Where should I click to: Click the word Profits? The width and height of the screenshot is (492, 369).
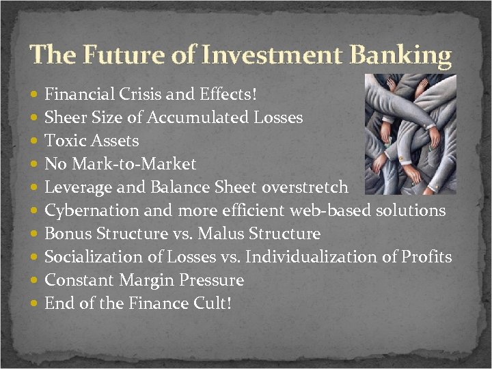click(426, 257)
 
